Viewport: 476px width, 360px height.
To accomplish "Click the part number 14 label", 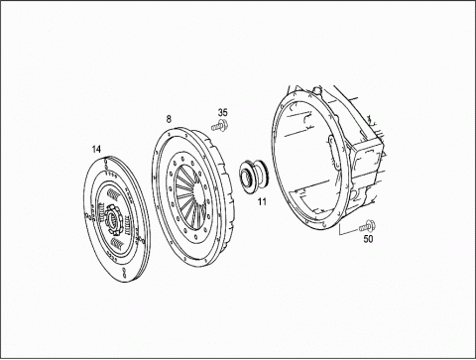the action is (96, 150).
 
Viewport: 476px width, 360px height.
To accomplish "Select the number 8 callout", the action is (169, 119).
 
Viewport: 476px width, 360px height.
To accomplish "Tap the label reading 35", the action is (223, 113).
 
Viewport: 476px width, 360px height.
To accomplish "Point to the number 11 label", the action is (262, 201).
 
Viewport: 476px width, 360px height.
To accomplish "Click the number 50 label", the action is (368, 239).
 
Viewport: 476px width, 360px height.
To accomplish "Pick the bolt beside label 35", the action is (219, 126).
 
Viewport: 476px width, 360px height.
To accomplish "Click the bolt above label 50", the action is (367, 226).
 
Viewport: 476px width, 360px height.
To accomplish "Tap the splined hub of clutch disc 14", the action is (113, 219).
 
